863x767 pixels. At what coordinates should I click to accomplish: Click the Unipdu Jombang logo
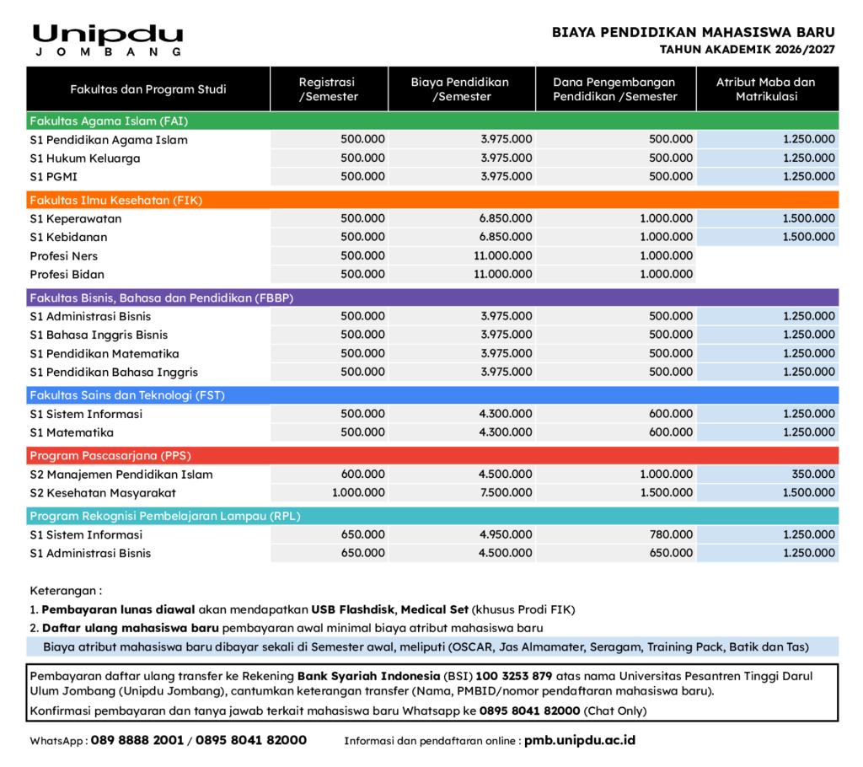[x=107, y=40]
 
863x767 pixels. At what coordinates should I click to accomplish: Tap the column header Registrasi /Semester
[x=328, y=89]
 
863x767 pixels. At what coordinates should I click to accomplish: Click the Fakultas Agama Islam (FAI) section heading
[x=109, y=121]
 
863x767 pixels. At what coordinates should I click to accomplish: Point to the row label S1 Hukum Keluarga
[x=85, y=158]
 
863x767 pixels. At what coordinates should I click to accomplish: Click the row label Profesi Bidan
[x=67, y=275]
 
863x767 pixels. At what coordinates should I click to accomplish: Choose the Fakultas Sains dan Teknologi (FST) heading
[x=127, y=395]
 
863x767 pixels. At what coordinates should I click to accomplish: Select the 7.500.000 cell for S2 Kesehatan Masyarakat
[x=507, y=493]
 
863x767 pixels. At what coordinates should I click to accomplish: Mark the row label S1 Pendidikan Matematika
[x=105, y=354]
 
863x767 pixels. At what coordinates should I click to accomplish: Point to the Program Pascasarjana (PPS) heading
[x=110, y=456]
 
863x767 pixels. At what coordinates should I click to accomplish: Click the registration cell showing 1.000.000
[x=358, y=493]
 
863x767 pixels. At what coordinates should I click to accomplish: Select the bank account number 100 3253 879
[x=513, y=676]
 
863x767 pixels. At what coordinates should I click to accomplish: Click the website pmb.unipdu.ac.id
[x=579, y=741]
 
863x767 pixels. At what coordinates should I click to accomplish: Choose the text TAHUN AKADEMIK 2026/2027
[x=747, y=51]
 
